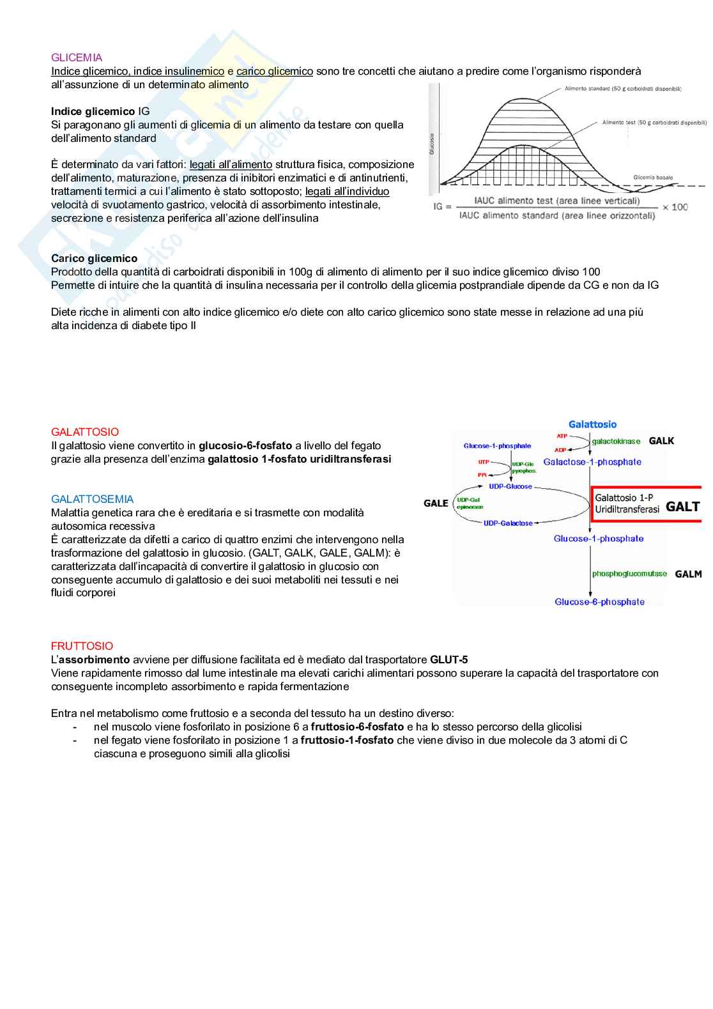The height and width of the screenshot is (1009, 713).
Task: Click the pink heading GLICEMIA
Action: (x=77, y=58)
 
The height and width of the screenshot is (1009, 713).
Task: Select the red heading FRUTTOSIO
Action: (x=82, y=646)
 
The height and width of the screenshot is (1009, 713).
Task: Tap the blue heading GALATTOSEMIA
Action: (x=92, y=499)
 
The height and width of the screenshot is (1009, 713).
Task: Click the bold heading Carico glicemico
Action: (x=94, y=258)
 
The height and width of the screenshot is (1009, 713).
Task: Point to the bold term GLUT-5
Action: (x=448, y=659)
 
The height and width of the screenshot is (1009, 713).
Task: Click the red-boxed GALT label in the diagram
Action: (x=682, y=507)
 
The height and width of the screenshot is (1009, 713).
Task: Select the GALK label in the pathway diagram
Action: (x=661, y=441)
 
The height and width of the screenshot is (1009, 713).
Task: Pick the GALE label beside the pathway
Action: (x=436, y=504)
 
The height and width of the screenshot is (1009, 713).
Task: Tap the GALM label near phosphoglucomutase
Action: (x=688, y=574)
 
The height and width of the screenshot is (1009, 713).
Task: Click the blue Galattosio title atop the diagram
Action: (x=592, y=424)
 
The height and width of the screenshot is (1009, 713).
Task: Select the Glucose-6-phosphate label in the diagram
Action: (x=599, y=602)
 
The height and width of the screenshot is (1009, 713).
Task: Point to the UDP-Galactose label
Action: (x=507, y=523)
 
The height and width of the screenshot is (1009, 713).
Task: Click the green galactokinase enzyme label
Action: (x=616, y=442)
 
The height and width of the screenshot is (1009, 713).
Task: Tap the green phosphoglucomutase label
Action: (x=629, y=574)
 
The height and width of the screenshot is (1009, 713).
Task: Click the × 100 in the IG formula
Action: (x=675, y=207)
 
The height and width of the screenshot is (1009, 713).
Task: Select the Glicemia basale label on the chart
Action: (x=652, y=178)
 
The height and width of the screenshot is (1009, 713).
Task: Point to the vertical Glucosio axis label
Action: (x=432, y=144)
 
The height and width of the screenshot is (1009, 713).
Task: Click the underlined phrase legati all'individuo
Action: (x=347, y=191)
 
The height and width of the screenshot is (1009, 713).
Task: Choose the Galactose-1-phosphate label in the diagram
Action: (x=592, y=462)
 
